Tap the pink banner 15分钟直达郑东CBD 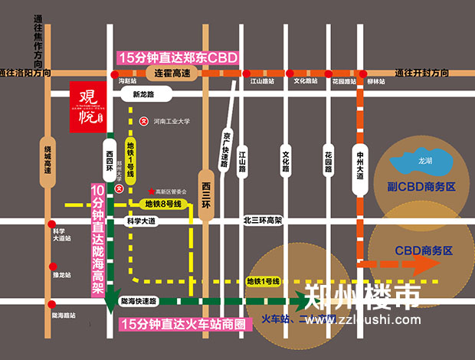(x=177, y=57)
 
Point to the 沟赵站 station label (x=127, y=80)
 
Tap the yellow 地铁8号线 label (x=162, y=204)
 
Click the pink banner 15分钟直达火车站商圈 (x=187, y=325)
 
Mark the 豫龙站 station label (x=61, y=273)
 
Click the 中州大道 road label (x=360, y=165)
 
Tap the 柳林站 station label (x=375, y=80)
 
